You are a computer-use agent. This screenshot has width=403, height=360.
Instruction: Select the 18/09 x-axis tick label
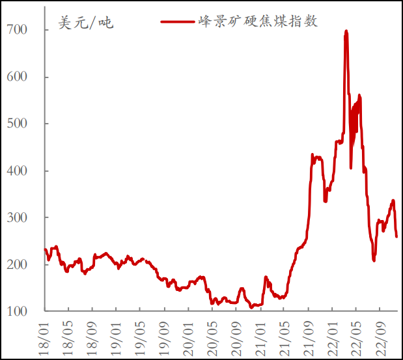click(x=93, y=335)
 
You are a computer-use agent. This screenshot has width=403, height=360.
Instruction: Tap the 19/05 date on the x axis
click(x=141, y=335)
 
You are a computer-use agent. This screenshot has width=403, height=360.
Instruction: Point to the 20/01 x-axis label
click(x=189, y=335)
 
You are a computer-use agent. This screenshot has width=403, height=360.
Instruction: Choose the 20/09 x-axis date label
click(x=236, y=335)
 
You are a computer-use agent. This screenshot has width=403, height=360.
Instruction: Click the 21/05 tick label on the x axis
click(x=284, y=335)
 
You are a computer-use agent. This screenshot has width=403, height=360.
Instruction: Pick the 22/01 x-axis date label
click(x=332, y=335)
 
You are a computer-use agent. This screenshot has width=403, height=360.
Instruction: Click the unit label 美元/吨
click(x=85, y=23)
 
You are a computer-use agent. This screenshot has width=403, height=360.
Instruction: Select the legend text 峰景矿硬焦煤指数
click(x=258, y=21)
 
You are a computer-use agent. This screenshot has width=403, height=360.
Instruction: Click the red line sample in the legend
click(x=177, y=21)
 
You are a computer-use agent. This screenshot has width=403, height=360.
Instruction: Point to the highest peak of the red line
click(x=346, y=31)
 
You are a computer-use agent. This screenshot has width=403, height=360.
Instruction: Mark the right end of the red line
click(x=396, y=236)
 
